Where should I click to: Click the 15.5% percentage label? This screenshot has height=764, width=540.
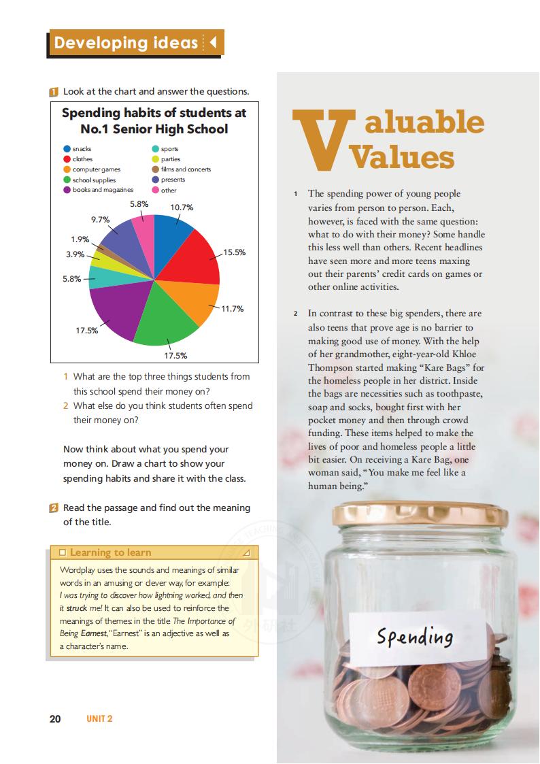(234, 252)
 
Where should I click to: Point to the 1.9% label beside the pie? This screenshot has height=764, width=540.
(80, 239)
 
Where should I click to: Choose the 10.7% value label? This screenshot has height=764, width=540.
(182, 207)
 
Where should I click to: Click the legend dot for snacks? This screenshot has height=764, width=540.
(67, 149)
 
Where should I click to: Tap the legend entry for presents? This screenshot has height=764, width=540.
(173, 180)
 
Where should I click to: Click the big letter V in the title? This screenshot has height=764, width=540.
(318, 139)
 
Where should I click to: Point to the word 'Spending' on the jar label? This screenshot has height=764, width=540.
(415, 637)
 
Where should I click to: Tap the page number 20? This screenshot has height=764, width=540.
(56, 718)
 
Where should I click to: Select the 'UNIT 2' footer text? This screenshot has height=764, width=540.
(99, 718)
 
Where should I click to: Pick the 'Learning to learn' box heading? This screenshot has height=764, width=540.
(110, 552)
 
